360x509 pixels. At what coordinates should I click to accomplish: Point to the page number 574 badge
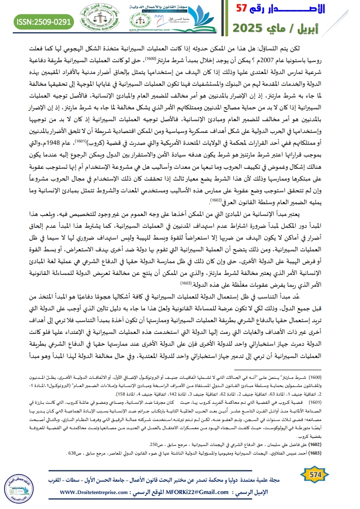[316, 474]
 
